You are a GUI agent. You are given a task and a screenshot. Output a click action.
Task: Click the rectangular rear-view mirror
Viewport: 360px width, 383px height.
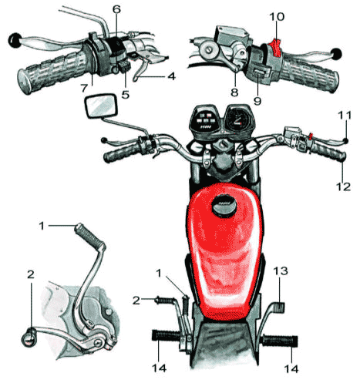click(x=99, y=106)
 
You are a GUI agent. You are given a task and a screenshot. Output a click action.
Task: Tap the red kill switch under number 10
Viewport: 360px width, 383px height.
click(x=276, y=48)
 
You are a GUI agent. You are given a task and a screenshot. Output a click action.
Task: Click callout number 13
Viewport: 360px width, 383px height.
click(x=280, y=271)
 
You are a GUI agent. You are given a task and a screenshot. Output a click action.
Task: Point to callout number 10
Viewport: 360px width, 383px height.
click(x=277, y=17)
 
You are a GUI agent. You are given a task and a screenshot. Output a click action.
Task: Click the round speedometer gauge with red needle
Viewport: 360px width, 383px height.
click(x=238, y=119)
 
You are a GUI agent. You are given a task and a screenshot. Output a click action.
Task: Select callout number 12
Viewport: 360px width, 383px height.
click(x=343, y=186)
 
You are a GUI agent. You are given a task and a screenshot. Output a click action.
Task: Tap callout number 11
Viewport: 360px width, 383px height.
click(x=345, y=115)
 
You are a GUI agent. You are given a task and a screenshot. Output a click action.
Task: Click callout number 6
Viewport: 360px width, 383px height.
click(x=116, y=9)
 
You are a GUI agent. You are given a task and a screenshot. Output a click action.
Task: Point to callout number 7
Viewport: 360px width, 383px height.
click(x=84, y=88)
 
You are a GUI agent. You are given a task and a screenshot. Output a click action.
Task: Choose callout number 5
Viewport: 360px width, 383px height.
click(x=126, y=95)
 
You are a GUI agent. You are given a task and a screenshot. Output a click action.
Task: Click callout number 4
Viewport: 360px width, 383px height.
click(x=171, y=76)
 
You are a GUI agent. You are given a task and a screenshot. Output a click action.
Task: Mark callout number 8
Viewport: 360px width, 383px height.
click(x=234, y=92)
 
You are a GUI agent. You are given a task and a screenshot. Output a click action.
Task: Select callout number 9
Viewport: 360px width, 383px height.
click(x=257, y=101)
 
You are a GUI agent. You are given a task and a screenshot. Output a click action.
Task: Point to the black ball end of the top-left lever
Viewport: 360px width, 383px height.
click(x=15, y=40)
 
